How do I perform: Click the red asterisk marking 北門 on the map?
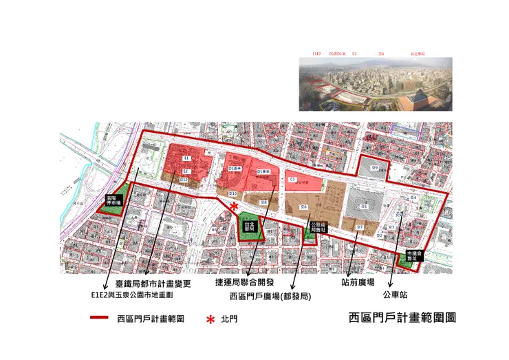(235, 207)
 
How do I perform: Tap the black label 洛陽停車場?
(112, 200)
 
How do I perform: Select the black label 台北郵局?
(250, 226)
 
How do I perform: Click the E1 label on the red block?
(186, 159)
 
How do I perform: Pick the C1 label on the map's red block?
(292, 180)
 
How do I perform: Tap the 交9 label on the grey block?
(376, 168)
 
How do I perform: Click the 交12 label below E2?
(184, 180)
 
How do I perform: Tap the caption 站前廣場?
(358, 283)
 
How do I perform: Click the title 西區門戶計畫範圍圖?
(402, 318)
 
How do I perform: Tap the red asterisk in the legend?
(211, 319)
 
